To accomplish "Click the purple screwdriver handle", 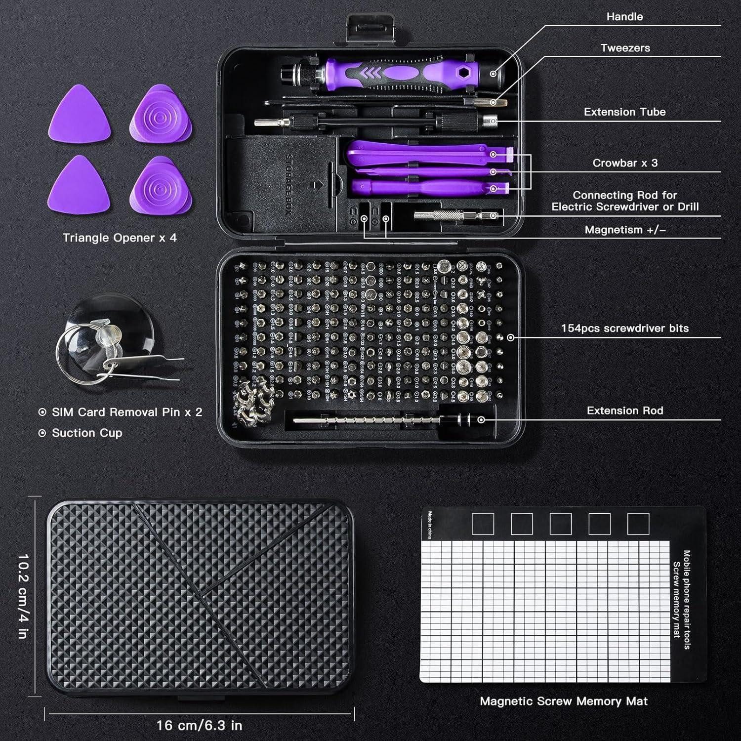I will (x=390, y=73).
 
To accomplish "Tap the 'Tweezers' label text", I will (x=625, y=48).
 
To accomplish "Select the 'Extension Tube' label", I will (x=624, y=112).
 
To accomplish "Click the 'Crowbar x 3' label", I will (x=625, y=163).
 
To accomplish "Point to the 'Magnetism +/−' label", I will (x=625, y=230).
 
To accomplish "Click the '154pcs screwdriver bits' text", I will (x=624, y=329).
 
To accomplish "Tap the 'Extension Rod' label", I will (x=625, y=411).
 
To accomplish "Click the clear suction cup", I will (x=106, y=326).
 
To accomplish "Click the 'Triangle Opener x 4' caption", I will (x=120, y=238).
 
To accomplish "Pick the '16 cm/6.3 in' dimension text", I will (x=199, y=725).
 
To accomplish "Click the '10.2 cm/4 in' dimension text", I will (x=23, y=596).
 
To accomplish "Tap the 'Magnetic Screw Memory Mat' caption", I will (x=563, y=701).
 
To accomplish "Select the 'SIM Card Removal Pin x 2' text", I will (x=127, y=412).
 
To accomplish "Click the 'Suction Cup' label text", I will (x=87, y=433).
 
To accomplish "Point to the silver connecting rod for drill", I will (x=454, y=215).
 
